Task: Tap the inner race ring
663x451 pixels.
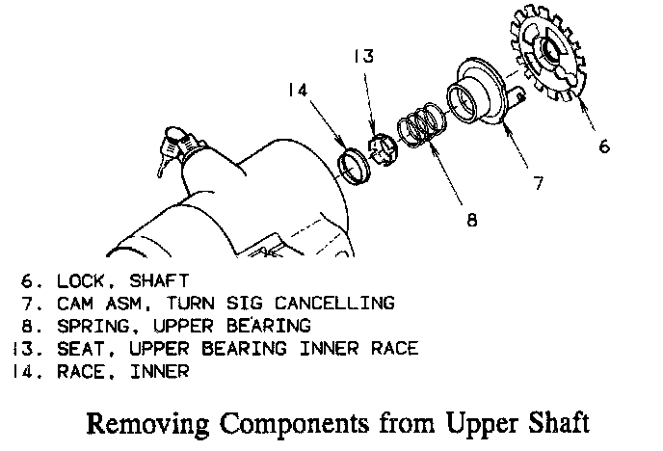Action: point(358,160)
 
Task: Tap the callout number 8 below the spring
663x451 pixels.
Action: point(471,220)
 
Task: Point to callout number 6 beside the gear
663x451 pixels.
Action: point(604,146)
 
